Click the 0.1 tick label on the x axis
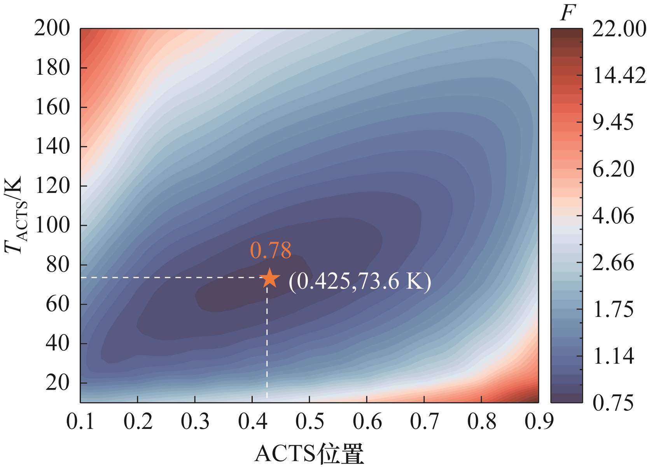[80, 422]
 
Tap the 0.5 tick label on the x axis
[309, 422]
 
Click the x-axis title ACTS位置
[309, 454]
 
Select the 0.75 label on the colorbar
[613, 403]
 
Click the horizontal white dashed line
[171, 278]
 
